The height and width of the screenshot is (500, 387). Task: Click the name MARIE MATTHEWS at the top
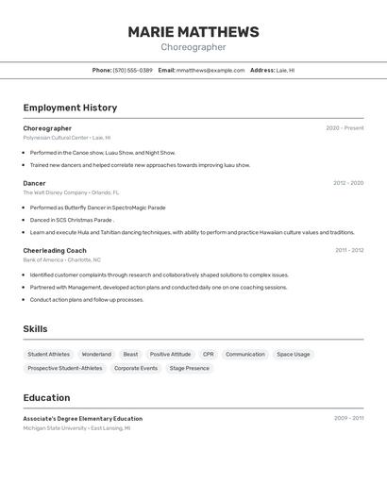193,32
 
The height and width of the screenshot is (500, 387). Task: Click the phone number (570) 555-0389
132,70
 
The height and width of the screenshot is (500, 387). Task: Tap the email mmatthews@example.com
210,70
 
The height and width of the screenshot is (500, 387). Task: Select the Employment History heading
70,108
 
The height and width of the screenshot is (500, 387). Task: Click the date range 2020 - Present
345,128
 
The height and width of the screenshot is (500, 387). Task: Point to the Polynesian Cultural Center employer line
67,138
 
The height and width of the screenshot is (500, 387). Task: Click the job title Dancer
34,183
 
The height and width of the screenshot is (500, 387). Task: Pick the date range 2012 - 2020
348,183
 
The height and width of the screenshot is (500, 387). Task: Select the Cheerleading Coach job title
55,250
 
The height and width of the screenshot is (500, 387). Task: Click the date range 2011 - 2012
349,250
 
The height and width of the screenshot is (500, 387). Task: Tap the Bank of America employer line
62,259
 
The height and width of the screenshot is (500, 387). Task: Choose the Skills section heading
36,328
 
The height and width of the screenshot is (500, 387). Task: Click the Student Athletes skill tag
48,355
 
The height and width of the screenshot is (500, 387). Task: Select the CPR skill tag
208,355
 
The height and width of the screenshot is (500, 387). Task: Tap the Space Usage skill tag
293,355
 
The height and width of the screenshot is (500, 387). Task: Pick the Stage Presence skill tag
190,368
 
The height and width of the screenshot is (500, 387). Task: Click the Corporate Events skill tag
136,368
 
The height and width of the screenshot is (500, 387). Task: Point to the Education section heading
46,398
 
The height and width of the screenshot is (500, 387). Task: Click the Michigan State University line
77,428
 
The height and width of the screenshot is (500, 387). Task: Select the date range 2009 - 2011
348,418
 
